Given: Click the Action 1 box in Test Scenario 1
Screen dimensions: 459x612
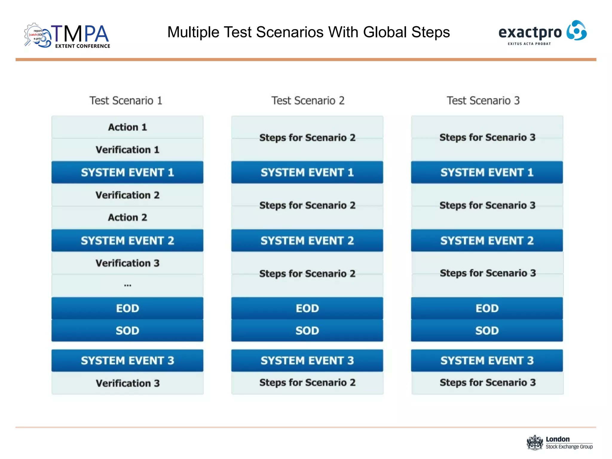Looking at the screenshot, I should pyautogui.click(x=127, y=127).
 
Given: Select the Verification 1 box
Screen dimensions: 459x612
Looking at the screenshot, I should pyautogui.click(x=127, y=150).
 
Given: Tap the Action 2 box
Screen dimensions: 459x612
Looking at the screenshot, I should pyautogui.click(x=127, y=218).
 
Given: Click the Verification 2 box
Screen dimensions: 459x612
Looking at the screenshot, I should pyautogui.click(x=127, y=195).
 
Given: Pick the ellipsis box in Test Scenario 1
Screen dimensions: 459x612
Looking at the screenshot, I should pyautogui.click(x=127, y=285).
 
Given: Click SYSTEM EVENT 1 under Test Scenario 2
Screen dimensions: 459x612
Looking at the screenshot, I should pyautogui.click(x=307, y=172).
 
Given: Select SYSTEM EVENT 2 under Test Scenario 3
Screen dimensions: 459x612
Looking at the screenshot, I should pyautogui.click(x=487, y=241).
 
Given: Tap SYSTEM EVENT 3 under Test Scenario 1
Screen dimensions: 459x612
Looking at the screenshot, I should pyautogui.click(x=127, y=360).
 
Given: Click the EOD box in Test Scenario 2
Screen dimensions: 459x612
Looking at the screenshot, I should pyautogui.click(x=307, y=308).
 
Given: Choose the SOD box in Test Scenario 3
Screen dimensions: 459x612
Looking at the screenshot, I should pyautogui.click(x=487, y=331).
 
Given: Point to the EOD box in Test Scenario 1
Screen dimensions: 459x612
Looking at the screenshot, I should pyautogui.click(x=127, y=308).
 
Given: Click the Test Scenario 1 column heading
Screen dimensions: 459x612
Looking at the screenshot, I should pyautogui.click(x=126, y=101).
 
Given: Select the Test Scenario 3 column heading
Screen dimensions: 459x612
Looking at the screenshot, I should pyautogui.click(x=483, y=101).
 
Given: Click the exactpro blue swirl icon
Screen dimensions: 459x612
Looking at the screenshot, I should pyautogui.click(x=576, y=30).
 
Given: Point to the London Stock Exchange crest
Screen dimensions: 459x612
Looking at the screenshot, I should pyautogui.click(x=535, y=443).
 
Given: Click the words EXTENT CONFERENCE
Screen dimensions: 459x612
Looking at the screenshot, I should pyautogui.click(x=82, y=46).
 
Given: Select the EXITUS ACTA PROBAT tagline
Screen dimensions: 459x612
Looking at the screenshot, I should pyautogui.click(x=529, y=44).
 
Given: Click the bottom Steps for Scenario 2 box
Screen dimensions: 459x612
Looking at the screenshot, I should pyautogui.click(x=307, y=383).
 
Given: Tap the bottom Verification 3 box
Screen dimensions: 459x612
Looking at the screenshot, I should pyautogui.click(x=127, y=383).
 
